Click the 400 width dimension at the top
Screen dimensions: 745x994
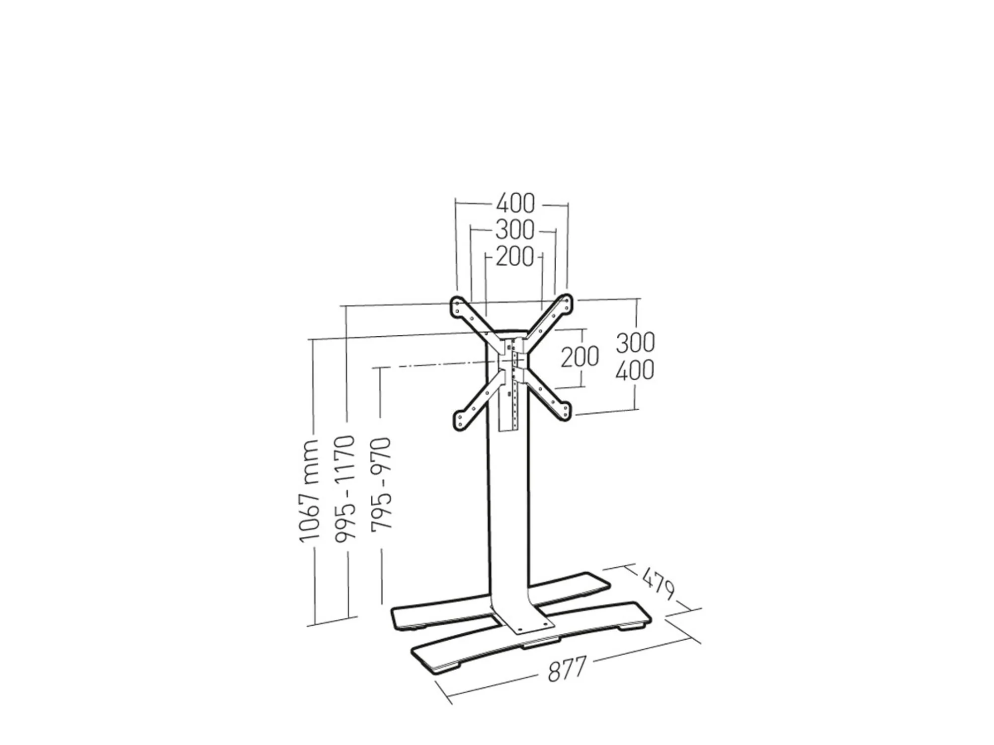click(515, 203)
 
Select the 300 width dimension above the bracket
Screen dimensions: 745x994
click(514, 230)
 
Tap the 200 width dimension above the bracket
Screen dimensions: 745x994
click(514, 257)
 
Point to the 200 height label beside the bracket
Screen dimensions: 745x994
click(580, 357)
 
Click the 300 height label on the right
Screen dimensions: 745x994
click(635, 343)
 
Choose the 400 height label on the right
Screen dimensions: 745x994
click(635, 370)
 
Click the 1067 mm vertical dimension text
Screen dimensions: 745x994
click(309, 490)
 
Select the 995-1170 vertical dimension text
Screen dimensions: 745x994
click(344, 489)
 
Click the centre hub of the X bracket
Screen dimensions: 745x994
click(510, 356)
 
